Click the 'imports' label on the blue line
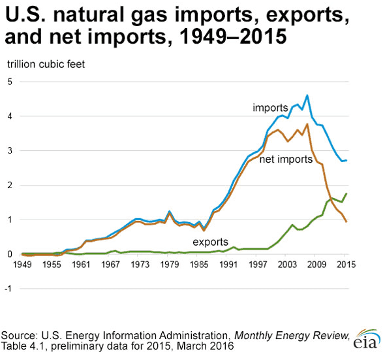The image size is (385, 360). point(270,106)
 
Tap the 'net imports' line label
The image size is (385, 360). point(286,159)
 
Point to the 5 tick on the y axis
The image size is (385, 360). point(10,82)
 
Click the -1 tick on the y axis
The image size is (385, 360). point(8,289)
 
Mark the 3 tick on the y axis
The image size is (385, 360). point(10,151)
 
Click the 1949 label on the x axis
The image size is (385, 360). point(23,264)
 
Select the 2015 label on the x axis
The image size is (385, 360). point(346,264)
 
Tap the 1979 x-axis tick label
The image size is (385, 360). point(170,264)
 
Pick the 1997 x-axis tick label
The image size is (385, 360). point(258,264)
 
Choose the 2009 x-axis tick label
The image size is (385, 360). point(316,264)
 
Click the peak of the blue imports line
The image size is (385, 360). point(307,95)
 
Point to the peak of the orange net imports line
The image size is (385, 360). point(307,124)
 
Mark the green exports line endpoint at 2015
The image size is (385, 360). point(346,193)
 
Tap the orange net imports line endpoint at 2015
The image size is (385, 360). point(346,222)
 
